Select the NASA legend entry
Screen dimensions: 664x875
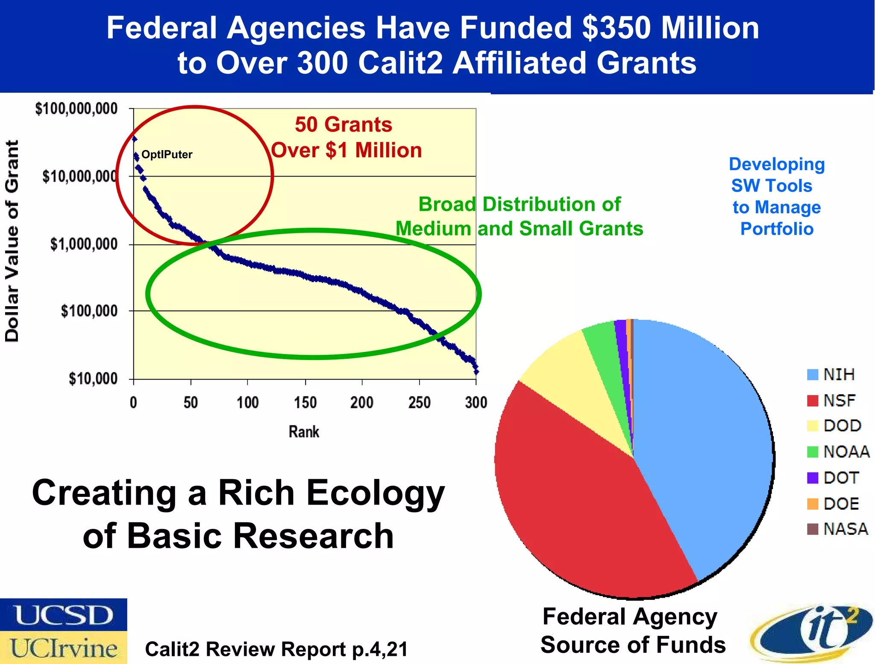click(x=837, y=529)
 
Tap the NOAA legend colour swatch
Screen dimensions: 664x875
click(x=812, y=452)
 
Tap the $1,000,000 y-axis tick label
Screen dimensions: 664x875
click(x=84, y=245)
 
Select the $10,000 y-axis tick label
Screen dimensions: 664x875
click(x=93, y=379)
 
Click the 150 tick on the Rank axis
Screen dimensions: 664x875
click(x=305, y=403)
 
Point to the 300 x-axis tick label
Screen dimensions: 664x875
click(x=476, y=403)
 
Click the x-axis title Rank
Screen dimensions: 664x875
click(x=304, y=432)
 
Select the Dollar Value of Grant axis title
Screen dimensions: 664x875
click(x=12, y=241)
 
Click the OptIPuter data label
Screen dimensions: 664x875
click(x=167, y=155)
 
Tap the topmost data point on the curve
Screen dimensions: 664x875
click(x=135, y=139)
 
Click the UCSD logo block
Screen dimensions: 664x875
click(x=63, y=615)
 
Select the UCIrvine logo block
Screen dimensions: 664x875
click(x=63, y=648)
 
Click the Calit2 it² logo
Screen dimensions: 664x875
click(x=812, y=633)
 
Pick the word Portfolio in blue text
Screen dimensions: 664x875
click(x=776, y=229)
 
